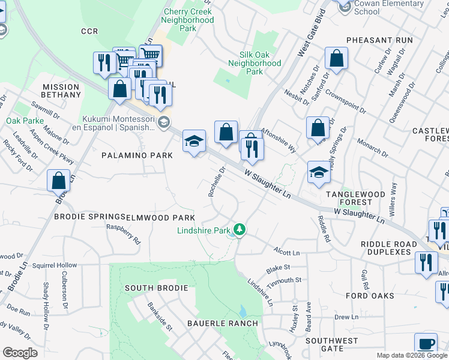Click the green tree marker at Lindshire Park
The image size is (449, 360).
240,230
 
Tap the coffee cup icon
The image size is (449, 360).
426,344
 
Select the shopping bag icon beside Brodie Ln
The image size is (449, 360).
59,179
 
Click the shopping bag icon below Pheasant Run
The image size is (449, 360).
337,58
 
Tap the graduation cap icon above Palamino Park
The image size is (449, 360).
194,142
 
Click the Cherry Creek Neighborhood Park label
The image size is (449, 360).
188,20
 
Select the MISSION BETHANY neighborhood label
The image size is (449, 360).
61,91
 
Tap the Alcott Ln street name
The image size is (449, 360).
286,253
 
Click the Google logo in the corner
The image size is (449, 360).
20,353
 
